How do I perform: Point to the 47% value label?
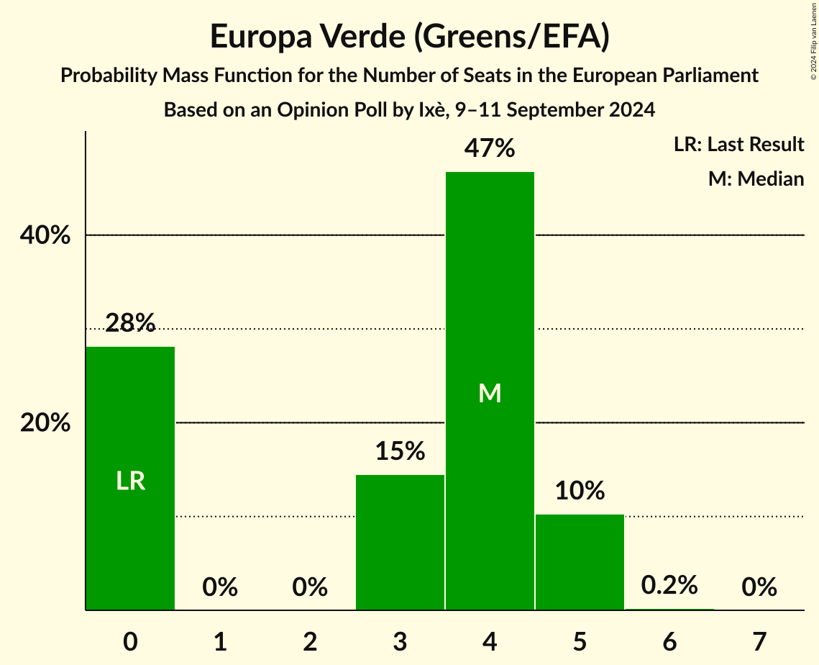point(490,149)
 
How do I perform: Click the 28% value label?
point(130,324)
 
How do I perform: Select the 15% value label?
point(400,451)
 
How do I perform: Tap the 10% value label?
point(580,491)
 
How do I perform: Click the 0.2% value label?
point(669,585)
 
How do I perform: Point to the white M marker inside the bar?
point(490,393)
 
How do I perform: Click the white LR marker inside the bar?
point(131,481)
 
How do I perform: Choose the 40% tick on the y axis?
point(45,235)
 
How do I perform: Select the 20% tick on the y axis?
point(45,423)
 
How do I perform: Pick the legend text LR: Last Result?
point(738,145)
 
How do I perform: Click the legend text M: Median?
point(756,178)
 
